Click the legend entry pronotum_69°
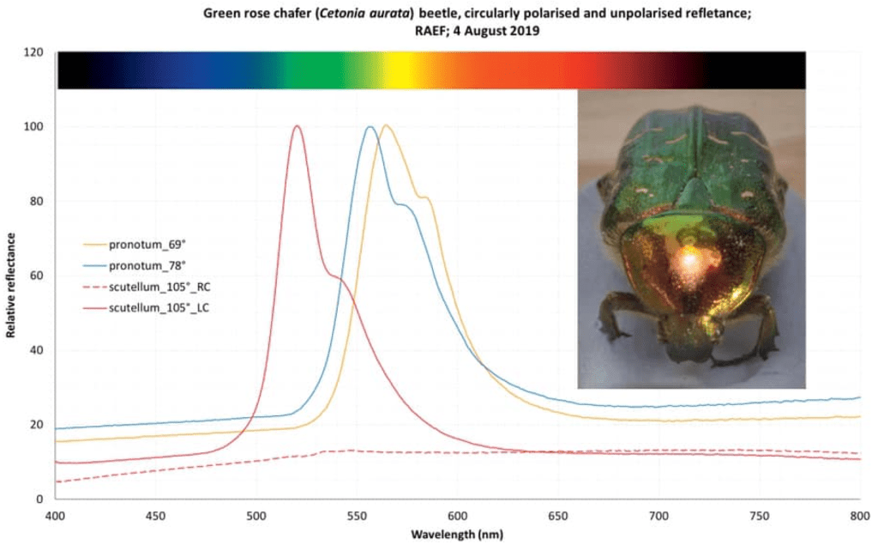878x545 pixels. pos(142,244)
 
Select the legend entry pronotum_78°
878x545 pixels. pos(142,264)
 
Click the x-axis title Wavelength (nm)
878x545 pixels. pos(457,533)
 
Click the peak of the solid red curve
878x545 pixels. pos(297,126)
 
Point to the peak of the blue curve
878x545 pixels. pos(370,127)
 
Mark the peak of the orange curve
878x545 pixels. pos(386,126)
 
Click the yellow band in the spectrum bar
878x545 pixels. pos(396,70)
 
